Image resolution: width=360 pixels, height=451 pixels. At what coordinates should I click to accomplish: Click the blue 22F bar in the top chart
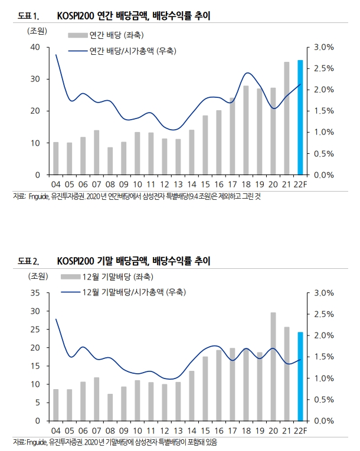click(x=300, y=118)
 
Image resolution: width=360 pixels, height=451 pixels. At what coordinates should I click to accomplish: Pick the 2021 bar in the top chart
click(x=287, y=118)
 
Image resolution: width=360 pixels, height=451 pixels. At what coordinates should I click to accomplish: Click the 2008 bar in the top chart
click(x=110, y=161)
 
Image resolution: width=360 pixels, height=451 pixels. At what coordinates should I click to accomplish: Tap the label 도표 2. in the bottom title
click(x=28, y=261)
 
